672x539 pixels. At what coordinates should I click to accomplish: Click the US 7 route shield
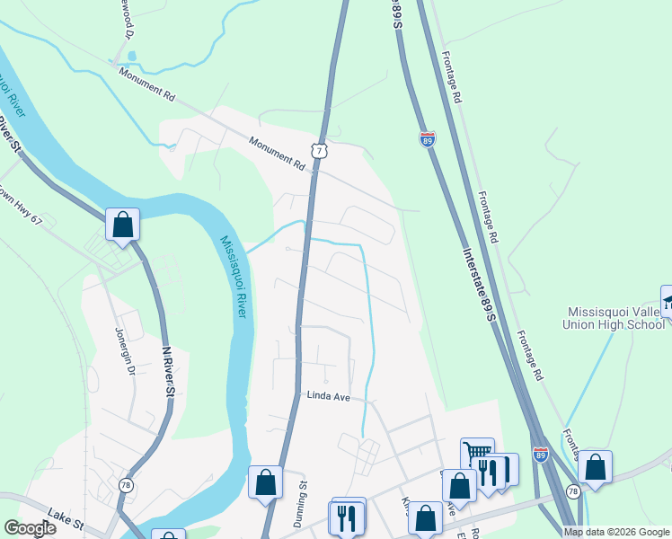pyautogui.click(x=321, y=149)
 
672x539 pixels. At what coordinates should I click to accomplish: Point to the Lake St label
pyautogui.click(x=66, y=522)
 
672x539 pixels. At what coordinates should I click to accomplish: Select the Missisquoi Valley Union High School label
pyautogui.click(x=615, y=318)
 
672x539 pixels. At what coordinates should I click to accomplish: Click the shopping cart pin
pyautogui.click(x=477, y=453)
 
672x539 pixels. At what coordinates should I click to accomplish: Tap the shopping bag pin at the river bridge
pyautogui.click(x=122, y=224)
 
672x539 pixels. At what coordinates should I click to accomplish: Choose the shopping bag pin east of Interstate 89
pyautogui.click(x=594, y=466)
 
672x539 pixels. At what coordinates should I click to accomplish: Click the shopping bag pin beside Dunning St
pyautogui.click(x=265, y=482)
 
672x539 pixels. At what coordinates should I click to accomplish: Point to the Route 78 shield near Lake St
pyautogui.click(x=125, y=483)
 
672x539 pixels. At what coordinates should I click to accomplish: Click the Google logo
pyautogui.click(x=30, y=528)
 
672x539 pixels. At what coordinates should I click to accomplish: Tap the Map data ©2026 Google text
pyautogui.click(x=616, y=532)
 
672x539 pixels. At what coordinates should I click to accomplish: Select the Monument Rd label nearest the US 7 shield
pyautogui.click(x=278, y=152)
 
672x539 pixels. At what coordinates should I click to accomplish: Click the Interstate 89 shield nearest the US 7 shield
pyautogui.click(x=428, y=139)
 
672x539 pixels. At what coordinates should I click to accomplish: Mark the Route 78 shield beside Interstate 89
pyautogui.click(x=573, y=492)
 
